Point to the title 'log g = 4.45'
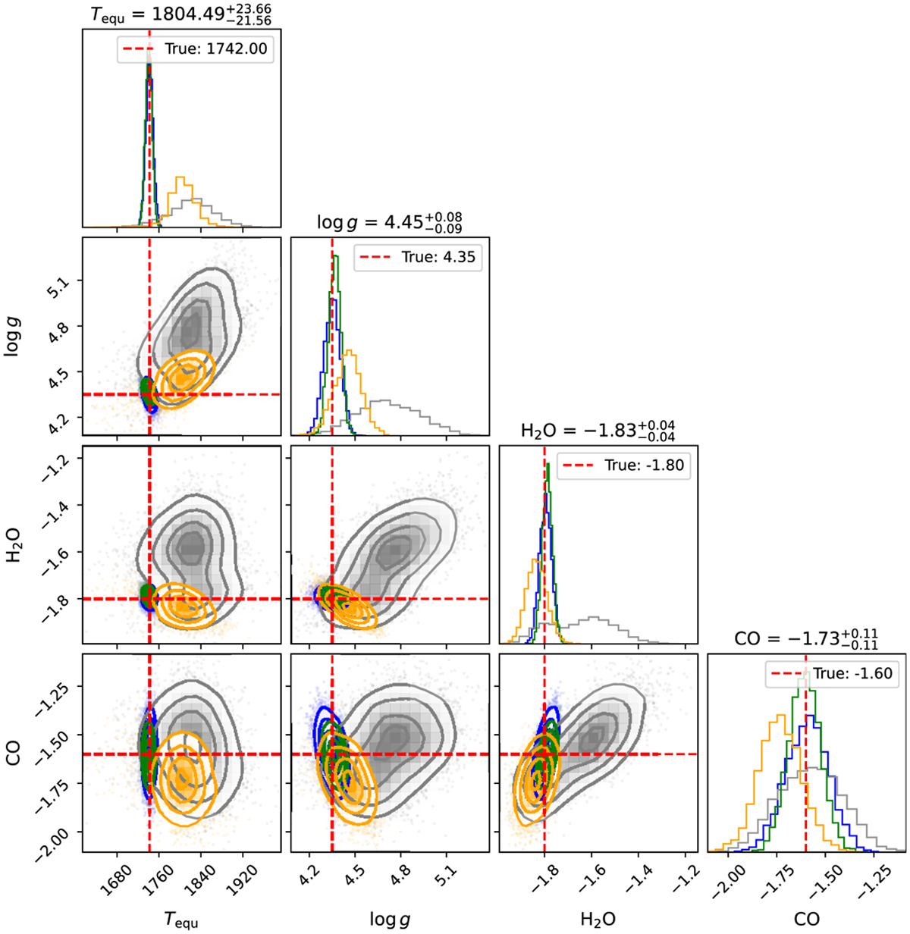pos(390,221)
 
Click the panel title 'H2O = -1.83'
pos(598,431)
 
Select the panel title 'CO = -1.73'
pos(807,639)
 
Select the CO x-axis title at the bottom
pos(807,919)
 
